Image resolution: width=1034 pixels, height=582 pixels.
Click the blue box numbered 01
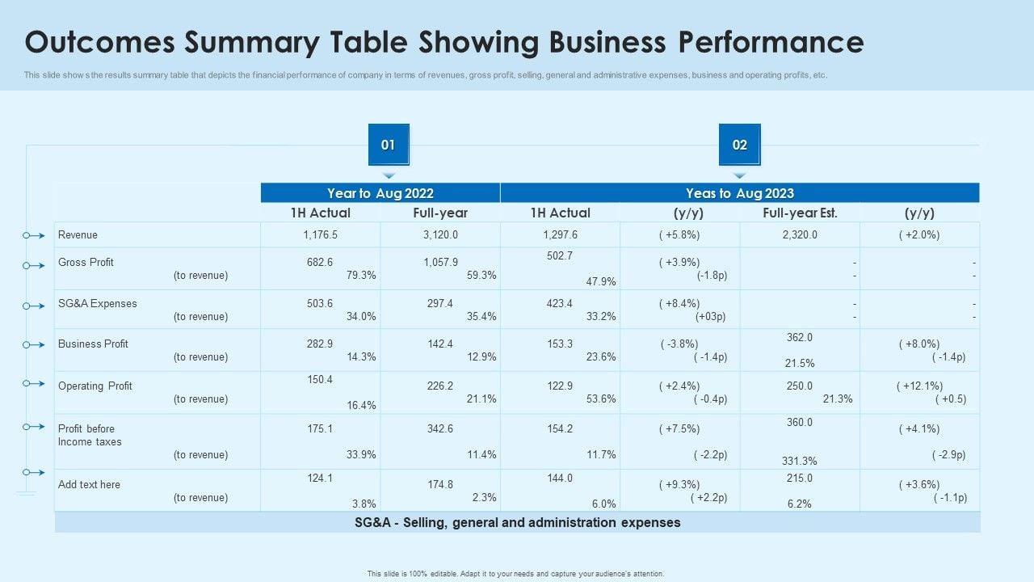point(389,145)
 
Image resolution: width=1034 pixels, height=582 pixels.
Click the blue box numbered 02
point(739,145)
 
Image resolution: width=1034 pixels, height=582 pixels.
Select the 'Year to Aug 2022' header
point(380,193)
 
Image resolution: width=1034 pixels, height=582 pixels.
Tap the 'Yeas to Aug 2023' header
point(739,193)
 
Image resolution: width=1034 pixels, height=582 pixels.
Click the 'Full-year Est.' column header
point(800,213)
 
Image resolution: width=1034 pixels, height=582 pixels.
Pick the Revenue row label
point(78,235)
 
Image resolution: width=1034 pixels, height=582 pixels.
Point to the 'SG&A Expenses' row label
point(98,304)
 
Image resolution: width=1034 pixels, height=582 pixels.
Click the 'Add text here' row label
point(89,485)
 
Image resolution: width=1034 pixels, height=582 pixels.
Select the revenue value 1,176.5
point(320,235)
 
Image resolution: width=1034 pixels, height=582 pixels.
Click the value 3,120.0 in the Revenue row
point(440,235)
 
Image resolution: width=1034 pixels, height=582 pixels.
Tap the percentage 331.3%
point(800,461)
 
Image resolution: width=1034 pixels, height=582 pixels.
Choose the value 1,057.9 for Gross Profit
point(440,263)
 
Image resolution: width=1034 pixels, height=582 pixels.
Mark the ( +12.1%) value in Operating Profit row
point(919,386)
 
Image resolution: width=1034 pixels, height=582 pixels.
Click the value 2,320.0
point(800,235)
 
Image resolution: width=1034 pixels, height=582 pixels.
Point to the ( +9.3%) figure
point(679,485)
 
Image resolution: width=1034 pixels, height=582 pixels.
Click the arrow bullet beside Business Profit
point(33,345)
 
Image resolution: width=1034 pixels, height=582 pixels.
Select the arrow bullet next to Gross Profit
point(33,266)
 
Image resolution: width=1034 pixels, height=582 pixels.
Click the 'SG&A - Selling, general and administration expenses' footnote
point(517,523)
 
